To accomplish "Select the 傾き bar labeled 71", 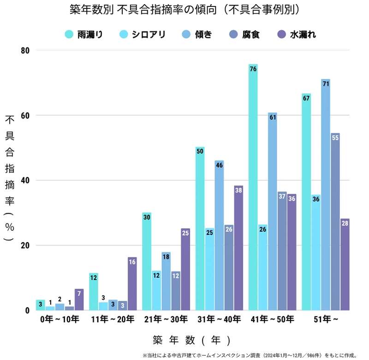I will click(x=326, y=194).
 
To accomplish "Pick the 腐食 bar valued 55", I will click(x=335, y=222).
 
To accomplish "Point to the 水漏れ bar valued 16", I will click(x=132, y=283).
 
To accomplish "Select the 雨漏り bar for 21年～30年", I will click(x=147, y=261).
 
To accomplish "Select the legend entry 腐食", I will click(x=244, y=34).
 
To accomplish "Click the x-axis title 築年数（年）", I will click(x=191, y=341).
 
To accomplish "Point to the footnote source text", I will click(x=250, y=355).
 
